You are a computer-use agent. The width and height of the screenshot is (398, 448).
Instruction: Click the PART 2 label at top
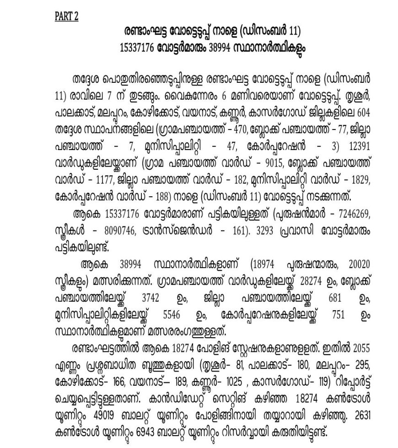tap(67, 16)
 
